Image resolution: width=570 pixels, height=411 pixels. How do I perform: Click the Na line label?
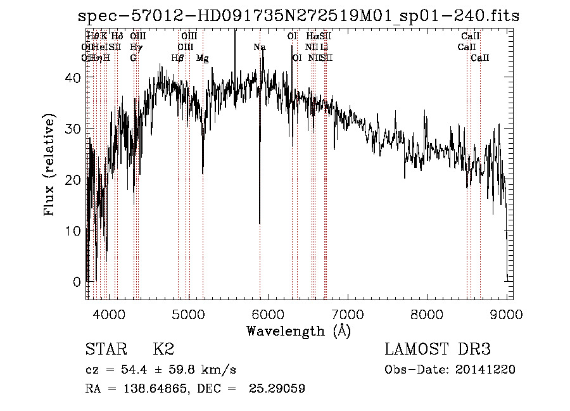point(260,47)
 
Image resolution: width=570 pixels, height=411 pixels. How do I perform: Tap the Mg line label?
point(203,58)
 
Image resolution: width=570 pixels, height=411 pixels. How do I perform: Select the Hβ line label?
point(178,58)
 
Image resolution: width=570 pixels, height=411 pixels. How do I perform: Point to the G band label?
point(134,58)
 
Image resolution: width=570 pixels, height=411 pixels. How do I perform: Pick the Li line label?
point(324,47)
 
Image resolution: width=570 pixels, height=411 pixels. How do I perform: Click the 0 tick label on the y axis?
point(78,281)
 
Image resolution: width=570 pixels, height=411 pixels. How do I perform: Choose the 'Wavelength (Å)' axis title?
point(298,331)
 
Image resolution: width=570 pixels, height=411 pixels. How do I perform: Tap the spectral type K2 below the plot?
point(163,350)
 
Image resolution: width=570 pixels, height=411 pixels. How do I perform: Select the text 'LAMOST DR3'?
point(438,350)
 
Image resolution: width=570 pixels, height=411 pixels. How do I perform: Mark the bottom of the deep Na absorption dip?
point(260,223)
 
